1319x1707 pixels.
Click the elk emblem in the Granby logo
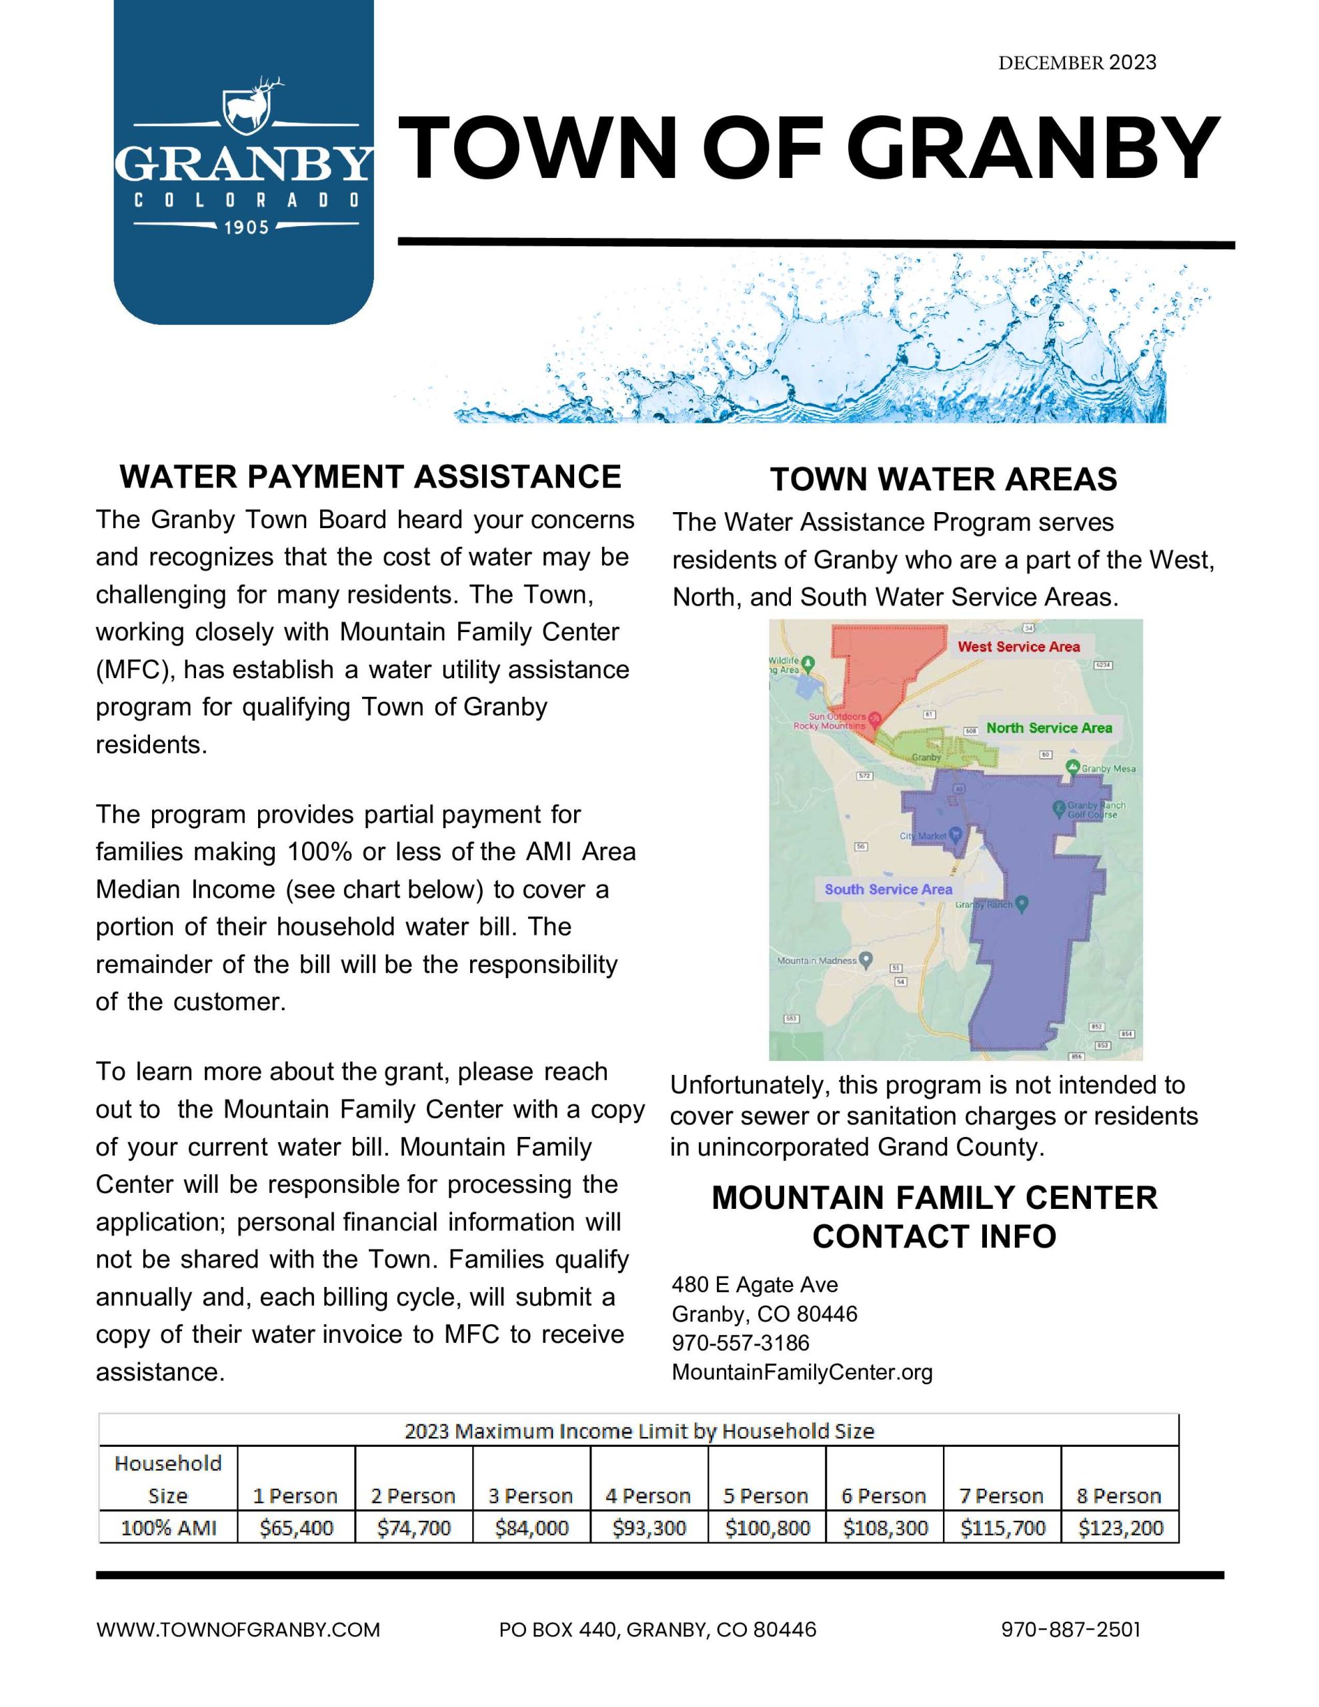[249, 105]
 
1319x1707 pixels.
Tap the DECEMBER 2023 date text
[1077, 63]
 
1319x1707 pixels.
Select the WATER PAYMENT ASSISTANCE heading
[370, 476]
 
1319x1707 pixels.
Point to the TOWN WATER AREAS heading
[943, 479]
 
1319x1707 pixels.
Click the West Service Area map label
[1018, 646]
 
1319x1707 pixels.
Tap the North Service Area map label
[1048, 727]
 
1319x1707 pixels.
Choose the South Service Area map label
[888, 890]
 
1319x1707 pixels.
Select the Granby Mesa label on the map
[1108, 768]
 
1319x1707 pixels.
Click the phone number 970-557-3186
[740, 1343]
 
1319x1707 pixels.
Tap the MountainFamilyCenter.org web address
[802, 1372]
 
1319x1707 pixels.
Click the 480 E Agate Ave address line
[754, 1285]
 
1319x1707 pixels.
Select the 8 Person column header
[1119, 1496]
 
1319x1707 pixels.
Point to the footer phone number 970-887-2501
[1070, 1630]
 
